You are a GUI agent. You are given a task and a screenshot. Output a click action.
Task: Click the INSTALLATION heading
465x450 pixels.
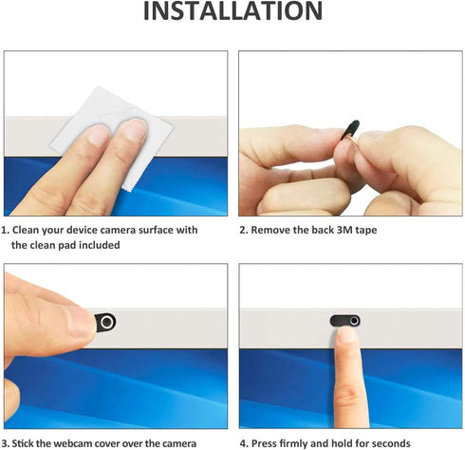pyautogui.click(x=232, y=11)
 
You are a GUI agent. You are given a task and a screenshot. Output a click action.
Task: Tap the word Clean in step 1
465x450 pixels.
pyautogui.click(x=26, y=230)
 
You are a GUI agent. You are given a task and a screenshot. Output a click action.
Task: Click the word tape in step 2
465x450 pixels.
pyautogui.click(x=366, y=231)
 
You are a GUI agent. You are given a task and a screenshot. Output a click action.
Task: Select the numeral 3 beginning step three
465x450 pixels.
pyautogui.click(x=4, y=443)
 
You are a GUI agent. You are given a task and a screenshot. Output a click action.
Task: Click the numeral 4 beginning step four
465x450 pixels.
pyautogui.click(x=243, y=443)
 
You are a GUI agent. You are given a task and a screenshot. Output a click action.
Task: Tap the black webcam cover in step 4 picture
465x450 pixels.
pyautogui.click(x=344, y=321)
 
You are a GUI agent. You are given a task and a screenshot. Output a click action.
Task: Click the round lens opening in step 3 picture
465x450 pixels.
pyautogui.click(x=107, y=322)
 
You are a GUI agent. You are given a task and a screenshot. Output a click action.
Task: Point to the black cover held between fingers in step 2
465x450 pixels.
pyautogui.click(x=351, y=129)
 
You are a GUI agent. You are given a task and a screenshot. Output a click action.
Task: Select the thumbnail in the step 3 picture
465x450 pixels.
pyautogui.click(x=81, y=323)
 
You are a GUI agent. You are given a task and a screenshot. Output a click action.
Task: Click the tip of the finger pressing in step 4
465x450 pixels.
pyautogui.click(x=346, y=329)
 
